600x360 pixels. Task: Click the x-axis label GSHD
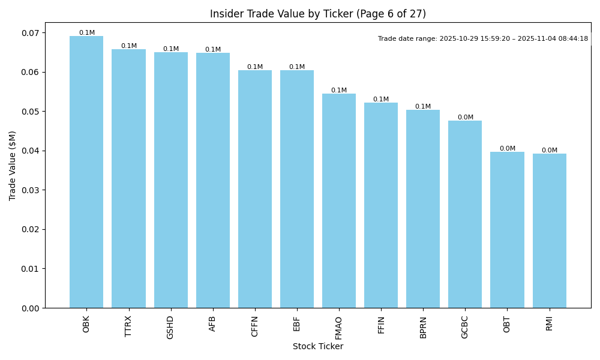170,327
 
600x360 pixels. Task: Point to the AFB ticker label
212,324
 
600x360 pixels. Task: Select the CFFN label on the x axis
254,326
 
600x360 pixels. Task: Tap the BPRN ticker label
423,327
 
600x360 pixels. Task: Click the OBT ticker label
507,324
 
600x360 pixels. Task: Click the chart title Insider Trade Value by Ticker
317,14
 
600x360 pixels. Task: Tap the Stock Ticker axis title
317,346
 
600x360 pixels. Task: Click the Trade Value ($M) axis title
13,165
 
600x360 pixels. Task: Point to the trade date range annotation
483,39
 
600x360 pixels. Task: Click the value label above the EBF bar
297,67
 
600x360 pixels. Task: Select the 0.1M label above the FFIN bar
381,100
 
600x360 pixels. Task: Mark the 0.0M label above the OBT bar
508,149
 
